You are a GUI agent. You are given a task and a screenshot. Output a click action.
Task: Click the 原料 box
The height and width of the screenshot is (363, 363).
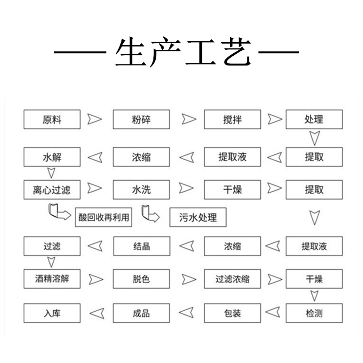pos(52,120)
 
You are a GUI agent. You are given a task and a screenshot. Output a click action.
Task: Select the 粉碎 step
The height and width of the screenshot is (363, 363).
pos(141,120)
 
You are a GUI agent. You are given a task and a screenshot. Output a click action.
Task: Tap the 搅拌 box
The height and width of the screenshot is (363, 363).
pos(232,120)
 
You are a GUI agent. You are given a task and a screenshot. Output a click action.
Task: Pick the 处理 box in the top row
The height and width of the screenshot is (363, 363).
pos(314,120)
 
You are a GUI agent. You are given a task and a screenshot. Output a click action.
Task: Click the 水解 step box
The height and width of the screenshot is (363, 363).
pos(52,157)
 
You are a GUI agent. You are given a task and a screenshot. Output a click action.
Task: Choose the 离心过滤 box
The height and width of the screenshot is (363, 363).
pos(52,190)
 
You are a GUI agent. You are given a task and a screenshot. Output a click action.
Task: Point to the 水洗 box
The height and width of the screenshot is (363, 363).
pos(141,190)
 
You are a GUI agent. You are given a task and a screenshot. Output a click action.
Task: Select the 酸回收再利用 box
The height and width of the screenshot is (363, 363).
pos(104,217)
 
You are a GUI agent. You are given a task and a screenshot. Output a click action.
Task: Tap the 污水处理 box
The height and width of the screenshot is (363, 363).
pos(198,217)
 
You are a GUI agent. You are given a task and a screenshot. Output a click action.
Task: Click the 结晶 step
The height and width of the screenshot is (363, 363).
pos(142,246)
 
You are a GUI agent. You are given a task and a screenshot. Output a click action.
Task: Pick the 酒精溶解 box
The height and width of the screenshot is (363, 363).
pos(52,279)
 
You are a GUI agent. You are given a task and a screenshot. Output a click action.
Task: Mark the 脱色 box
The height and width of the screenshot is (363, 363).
pos(141,279)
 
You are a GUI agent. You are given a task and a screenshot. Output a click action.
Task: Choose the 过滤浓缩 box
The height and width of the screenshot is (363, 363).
pos(232,279)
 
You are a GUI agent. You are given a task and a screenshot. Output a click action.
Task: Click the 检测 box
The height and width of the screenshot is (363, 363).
pos(314,313)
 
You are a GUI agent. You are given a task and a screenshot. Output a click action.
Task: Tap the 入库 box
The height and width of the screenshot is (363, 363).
pos(52,313)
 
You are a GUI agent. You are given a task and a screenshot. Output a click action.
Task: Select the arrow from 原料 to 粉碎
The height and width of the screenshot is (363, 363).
pos(94,119)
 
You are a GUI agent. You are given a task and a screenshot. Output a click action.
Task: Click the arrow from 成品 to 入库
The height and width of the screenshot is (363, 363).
pos(97,314)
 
